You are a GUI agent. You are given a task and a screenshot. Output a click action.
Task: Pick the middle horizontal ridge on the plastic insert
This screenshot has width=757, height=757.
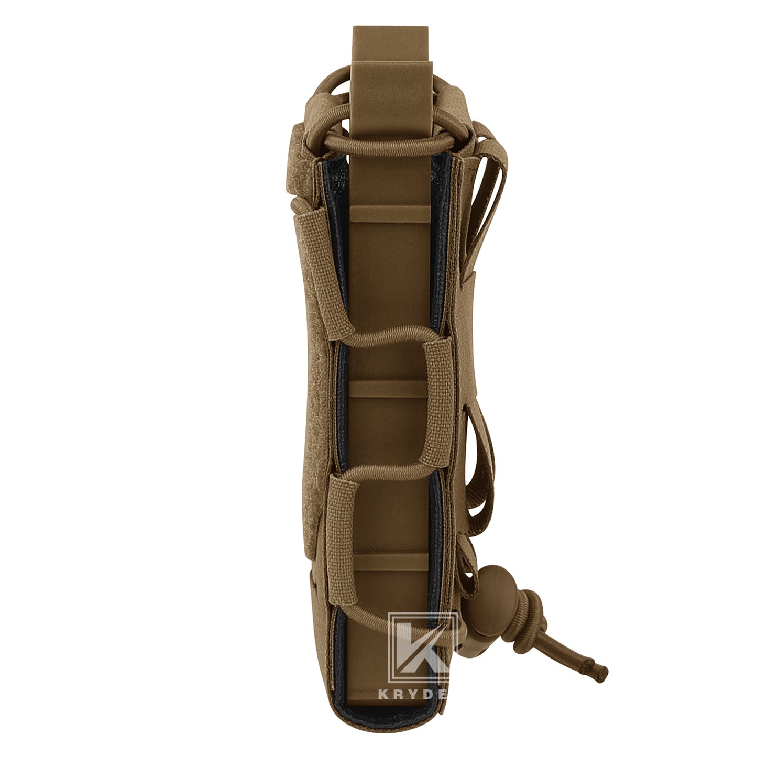(388, 388)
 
